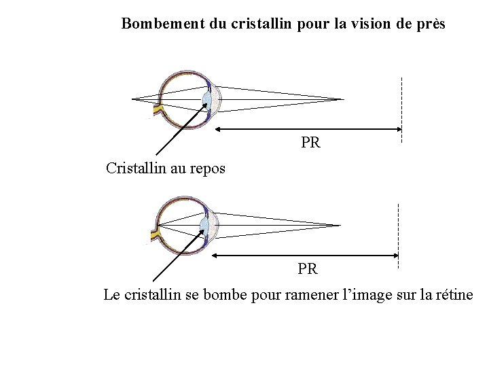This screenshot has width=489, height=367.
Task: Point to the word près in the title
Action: [x=429, y=24]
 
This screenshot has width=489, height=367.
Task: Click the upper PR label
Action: [x=310, y=143]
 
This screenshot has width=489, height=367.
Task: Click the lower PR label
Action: [x=307, y=269]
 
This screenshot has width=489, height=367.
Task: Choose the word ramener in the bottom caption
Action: [x=295, y=295]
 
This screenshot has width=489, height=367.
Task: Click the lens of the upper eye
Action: [x=208, y=100]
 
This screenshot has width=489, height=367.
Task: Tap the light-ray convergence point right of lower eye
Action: [x=338, y=225]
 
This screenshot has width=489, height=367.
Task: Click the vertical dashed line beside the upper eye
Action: [x=402, y=109]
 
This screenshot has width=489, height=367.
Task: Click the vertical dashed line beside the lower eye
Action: [x=398, y=234]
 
